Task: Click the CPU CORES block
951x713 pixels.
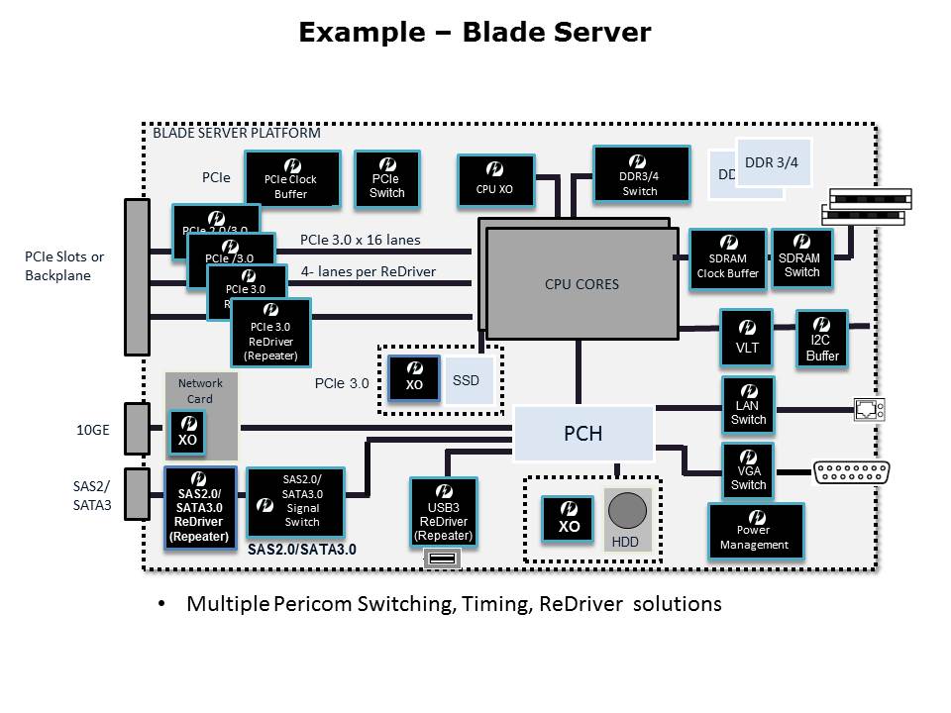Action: (x=582, y=284)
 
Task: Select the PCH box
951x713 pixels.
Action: (x=582, y=433)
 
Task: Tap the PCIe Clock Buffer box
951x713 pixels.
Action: (x=291, y=178)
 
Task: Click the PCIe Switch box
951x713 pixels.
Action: (x=386, y=179)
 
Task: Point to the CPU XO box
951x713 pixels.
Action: (x=495, y=180)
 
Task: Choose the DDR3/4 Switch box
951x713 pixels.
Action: (x=640, y=174)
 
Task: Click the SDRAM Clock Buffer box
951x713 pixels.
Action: (x=728, y=259)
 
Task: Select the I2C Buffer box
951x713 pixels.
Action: (x=822, y=340)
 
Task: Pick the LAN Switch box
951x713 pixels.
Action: (x=748, y=404)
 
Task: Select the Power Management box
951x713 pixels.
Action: (x=755, y=531)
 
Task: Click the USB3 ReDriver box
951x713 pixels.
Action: (x=443, y=512)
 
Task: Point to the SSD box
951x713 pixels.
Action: (x=468, y=380)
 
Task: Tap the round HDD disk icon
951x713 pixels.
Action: (x=626, y=511)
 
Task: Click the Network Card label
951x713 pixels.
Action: (x=201, y=391)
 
